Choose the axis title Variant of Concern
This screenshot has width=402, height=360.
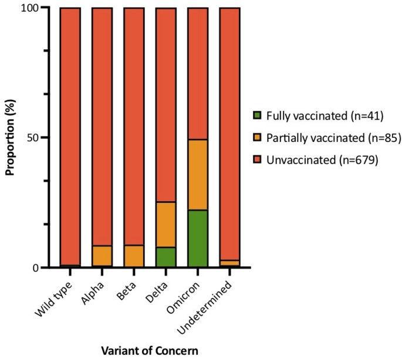click(x=149, y=350)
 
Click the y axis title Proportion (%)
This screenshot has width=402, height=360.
click(x=10, y=138)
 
